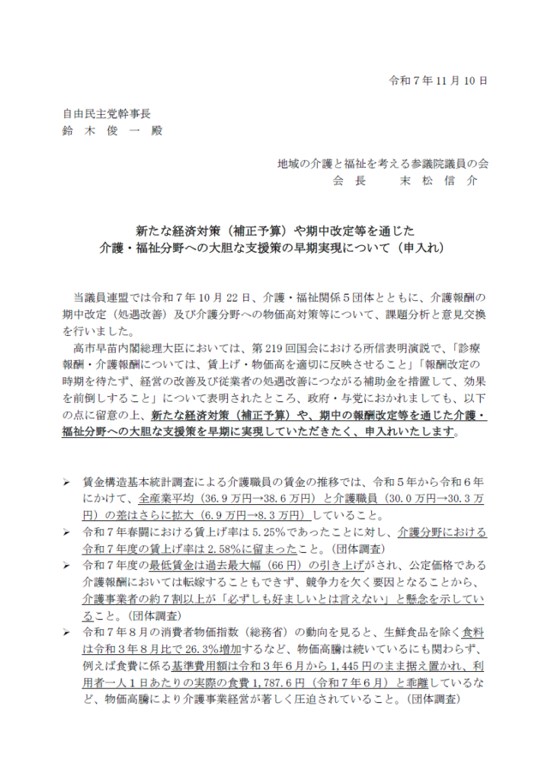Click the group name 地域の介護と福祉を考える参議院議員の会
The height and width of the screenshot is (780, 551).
(x=382, y=163)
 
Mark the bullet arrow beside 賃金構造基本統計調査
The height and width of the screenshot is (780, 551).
(x=66, y=482)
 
